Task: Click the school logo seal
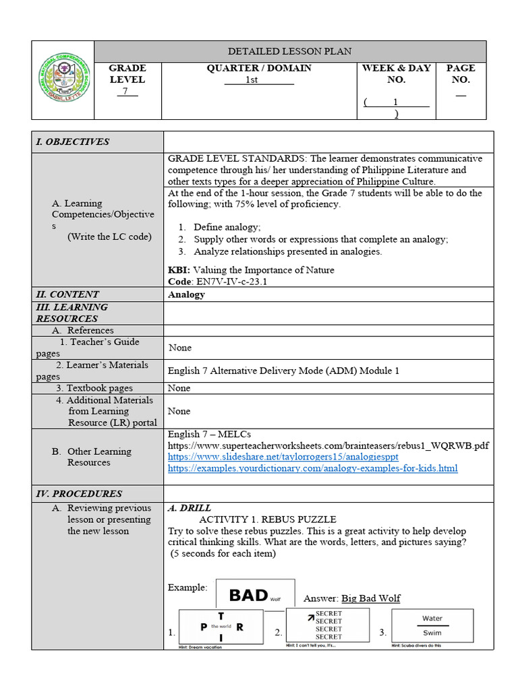point(63,80)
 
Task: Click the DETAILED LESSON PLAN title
point(289,51)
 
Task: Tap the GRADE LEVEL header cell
point(127,79)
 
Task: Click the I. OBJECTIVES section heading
point(73,142)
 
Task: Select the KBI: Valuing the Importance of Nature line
point(251,270)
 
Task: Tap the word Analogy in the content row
point(186,294)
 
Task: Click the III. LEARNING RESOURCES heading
point(71,313)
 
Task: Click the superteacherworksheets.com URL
point(328,445)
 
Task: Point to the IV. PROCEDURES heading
point(79,493)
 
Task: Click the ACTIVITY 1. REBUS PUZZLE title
point(267,520)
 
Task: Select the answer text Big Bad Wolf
point(370,598)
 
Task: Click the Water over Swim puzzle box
point(432,626)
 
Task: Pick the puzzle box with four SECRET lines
point(328,625)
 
